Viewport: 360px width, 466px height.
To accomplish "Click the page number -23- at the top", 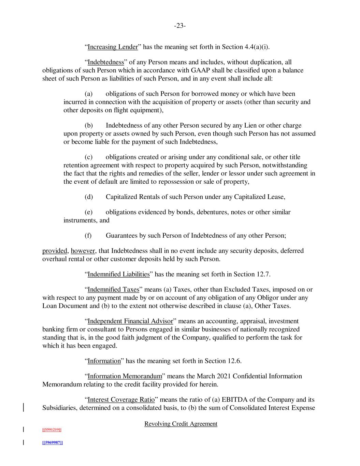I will tap(180, 26).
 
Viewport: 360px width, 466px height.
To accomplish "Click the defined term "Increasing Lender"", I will tap(113, 47).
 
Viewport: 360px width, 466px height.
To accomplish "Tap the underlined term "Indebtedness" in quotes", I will tap(105, 62).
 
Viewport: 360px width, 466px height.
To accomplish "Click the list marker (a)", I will tap(88, 94).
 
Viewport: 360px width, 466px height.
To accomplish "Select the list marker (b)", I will tap(89, 126).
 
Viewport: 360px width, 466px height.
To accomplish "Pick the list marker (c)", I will tap(88, 157).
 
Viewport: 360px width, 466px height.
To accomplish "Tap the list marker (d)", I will tap(89, 197).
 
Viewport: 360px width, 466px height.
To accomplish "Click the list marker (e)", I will tap(88, 212).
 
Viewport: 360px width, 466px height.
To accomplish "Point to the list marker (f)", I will tap(88, 236).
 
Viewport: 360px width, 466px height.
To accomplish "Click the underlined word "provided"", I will tap(55, 251).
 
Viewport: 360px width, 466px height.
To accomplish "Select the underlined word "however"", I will tap(83, 251).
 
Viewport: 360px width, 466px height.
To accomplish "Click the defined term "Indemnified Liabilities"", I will tap(118, 274).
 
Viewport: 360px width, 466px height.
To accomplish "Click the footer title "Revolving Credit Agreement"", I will tap(181, 424).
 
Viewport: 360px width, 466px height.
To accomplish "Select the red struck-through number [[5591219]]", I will tap(52, 430).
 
